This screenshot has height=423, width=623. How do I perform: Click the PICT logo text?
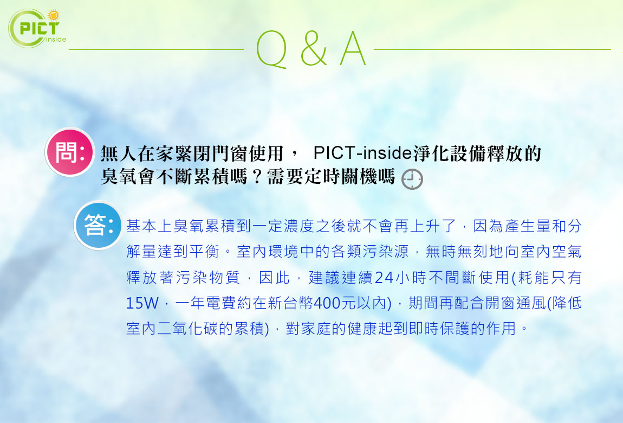40,28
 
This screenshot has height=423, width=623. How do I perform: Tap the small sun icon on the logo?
53,15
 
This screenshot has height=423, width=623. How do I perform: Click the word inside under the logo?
56,40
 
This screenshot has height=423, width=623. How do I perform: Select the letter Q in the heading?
271,50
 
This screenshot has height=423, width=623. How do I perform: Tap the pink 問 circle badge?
70,152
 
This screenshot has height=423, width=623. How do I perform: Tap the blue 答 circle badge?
98,226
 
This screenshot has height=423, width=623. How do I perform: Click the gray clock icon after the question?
412,179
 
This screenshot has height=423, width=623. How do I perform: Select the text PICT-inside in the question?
363,153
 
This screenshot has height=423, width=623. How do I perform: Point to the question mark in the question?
257,176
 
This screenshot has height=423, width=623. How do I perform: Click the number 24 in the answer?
384,278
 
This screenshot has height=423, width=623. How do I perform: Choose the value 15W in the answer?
142,303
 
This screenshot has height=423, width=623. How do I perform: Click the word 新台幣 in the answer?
290,303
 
